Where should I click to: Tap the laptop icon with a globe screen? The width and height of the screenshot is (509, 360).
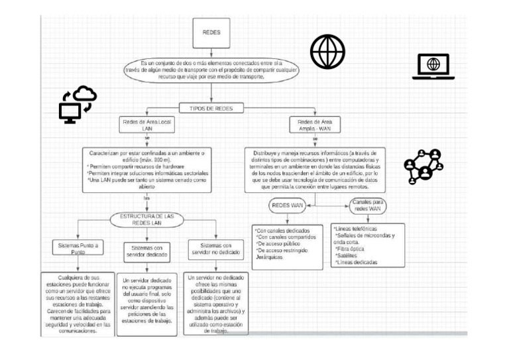click(x=433, y=66)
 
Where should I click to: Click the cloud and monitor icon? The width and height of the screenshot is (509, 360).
click(x=78, y=104)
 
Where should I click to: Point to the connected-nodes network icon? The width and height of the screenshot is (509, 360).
click(x=424, y=166)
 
